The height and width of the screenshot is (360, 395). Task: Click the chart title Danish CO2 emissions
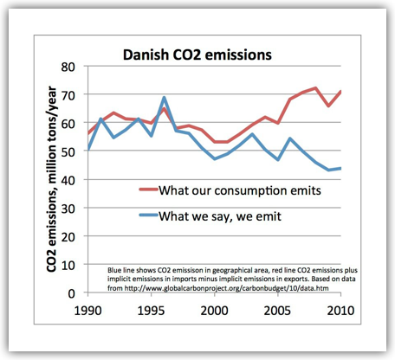point(197,55)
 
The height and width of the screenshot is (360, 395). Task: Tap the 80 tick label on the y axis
point(68,67)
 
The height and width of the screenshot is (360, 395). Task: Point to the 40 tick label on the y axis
point(68,180)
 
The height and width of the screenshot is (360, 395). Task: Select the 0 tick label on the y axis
point(72,293)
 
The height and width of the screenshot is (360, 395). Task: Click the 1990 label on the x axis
point(87,311)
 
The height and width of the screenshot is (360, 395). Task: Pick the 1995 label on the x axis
point(151,311)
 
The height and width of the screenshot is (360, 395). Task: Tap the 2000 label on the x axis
point(214,311)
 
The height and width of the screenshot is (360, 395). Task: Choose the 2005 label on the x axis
point(277,311)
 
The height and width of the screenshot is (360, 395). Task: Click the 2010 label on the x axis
point(340,311)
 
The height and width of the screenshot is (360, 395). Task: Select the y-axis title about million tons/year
point(51,179)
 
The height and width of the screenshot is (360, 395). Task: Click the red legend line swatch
point(148,190)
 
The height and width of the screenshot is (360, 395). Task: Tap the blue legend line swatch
point(148,215)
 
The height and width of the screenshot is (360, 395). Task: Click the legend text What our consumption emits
point(240,190)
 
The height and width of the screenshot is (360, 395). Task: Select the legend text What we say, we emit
point(220,216)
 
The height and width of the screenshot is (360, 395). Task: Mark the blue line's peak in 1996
point(164,98)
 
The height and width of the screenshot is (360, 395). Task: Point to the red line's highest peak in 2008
point(315,88)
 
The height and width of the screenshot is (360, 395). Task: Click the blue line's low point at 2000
point(215,158)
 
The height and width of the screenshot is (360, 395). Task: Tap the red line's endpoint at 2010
point(340,92)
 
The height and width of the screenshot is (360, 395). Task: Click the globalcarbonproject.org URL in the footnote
point(226,288)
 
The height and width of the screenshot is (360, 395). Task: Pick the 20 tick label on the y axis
point(68,237)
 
